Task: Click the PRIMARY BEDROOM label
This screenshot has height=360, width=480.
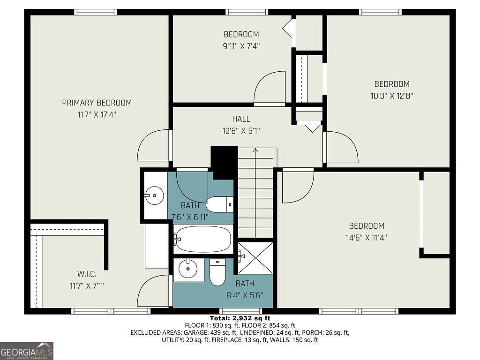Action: click(x=97, y=103)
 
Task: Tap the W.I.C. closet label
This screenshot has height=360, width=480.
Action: click(x=87, y=273)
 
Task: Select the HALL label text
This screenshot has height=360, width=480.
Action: click(x=241, y=119)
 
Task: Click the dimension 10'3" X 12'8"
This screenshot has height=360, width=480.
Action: click(x=391, y=96)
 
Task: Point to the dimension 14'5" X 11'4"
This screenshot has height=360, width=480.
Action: click(x=366, y=238)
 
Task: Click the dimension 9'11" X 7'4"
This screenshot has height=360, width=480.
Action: click(x=241, y=46)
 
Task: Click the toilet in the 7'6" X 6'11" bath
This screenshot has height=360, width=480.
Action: click(x=219, y=203)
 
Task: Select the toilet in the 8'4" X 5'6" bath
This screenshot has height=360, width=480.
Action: click(x=217, y=273)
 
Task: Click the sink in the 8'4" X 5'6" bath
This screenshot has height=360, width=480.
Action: click(x=189, y=269)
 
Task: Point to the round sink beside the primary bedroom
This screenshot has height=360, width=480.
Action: click(x=154, y=194)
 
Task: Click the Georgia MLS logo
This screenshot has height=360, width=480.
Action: click(x=27, y=351)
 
